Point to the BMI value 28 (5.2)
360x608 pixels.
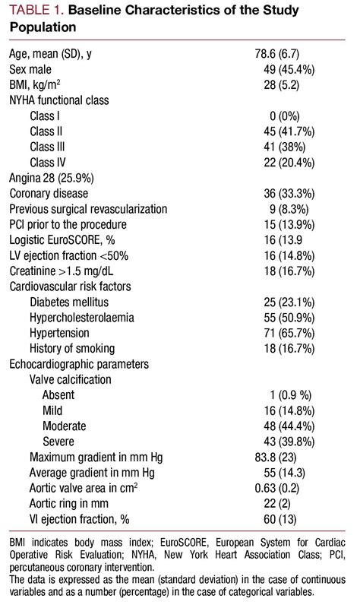pyautogui.click(x=283, y=84)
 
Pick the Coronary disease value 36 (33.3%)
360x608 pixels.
pyautogui.click(x=290, y=194)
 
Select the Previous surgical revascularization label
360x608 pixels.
pyautogui.click(x=88, y=208)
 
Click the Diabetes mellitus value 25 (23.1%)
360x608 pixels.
pyautogui.click(x=290, y=301)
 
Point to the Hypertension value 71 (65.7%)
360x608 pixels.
pyautogui.click(x=290, y=333)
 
